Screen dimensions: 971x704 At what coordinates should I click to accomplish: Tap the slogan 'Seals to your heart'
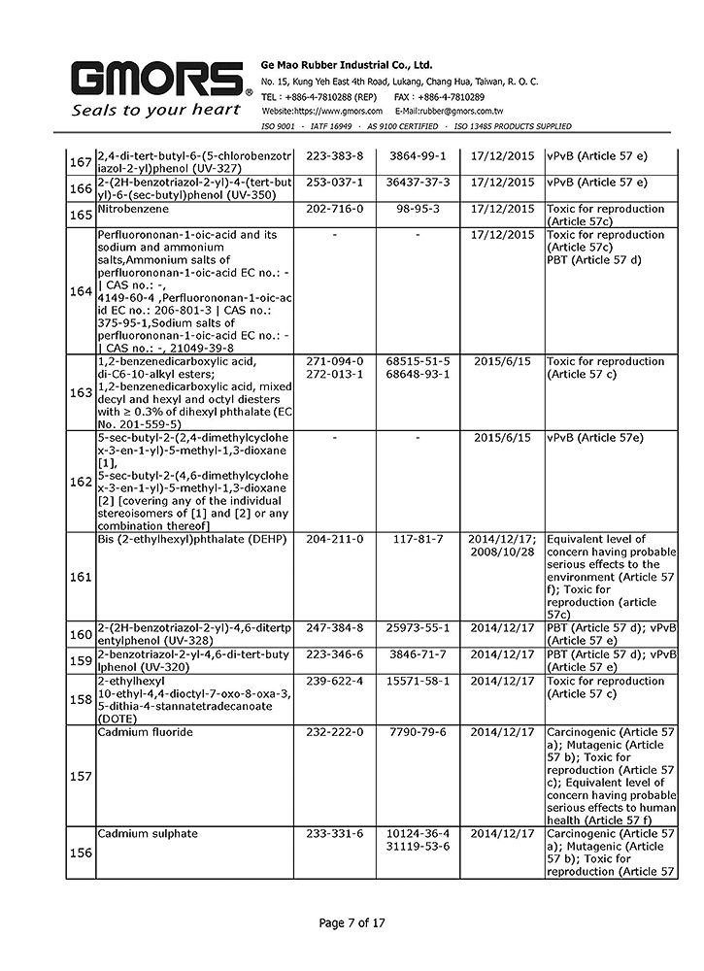coord(155,110)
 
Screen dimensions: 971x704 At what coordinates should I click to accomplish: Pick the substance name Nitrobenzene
coord(133,209)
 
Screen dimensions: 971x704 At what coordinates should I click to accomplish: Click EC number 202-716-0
coord(334,209)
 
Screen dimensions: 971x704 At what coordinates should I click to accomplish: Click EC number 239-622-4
coord(334,682)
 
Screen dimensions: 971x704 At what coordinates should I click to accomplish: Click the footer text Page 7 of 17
coord(352,923)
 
